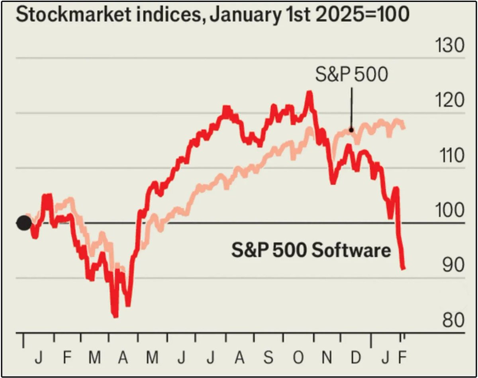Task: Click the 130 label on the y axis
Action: point(448,46)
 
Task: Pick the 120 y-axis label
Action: point(448,101)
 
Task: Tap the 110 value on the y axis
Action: point(449,156)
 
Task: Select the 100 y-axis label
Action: point(448,211)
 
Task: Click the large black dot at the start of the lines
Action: point(24,223)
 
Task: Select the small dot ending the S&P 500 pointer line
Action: point(351,130)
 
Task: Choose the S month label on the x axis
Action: point(268,358)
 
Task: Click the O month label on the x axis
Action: point(298,358)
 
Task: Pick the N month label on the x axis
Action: point(327,358)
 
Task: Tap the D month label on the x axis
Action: point(356,358)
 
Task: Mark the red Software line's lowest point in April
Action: point(115,316)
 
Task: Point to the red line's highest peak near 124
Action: point(309,92)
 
